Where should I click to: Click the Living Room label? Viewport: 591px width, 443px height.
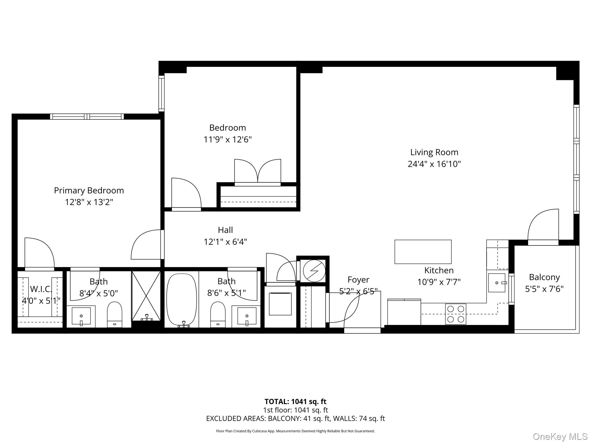pyautogui.click(x=434, y=152)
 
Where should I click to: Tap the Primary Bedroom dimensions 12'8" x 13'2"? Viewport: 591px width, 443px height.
pyautogui.click(x=89, y=202)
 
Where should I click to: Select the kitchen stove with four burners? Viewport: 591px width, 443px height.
pyautogui.click(x=455, y=314)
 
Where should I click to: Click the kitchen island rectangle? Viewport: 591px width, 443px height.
pyautogui.click(x=423, y=252)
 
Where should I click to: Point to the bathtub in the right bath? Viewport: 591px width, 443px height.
pyautogui.click(x=182, y=300)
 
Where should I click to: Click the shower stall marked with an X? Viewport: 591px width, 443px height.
pyautogui.click(x=146, y=296)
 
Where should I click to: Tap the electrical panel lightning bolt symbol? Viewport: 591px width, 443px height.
pyautogui.click(x=314, y=271)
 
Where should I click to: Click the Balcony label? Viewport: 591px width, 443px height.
pyautogui.click(x=544, y=277)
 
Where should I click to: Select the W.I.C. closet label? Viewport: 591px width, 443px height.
pyautogui.click(x=41, y=289)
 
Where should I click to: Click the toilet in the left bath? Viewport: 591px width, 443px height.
pyautogui.click(x=115, y=314)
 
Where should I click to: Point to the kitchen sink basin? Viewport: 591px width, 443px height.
pyautogui.click(x=497, y=283)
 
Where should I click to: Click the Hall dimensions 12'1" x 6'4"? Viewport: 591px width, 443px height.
pyautogui.click(x=225, y=242)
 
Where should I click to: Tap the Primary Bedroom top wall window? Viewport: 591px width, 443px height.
pyautogui.click(x=87, y=117)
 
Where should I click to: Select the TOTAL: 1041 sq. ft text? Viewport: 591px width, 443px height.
pyautogui.click(x=295, y=401)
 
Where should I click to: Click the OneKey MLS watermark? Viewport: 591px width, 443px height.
pyautogui.click(x=560, y=436)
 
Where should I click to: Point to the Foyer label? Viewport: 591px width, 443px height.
pyautogui.click(x=358, y=280)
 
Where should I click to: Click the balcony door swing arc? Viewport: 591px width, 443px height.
pyautogui.click(x=543, y=225)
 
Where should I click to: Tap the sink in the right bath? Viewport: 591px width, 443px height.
pyautogui.click(x=247, y=316)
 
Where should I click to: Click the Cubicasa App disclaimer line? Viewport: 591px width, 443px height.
pyautogui.click(x=295, y=431)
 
